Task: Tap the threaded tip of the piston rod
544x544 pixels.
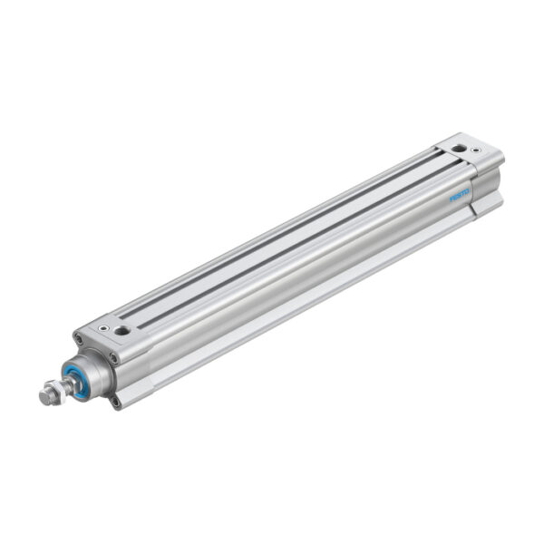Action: (x=45, y=396)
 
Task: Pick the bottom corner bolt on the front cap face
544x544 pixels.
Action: (x=116, y=400)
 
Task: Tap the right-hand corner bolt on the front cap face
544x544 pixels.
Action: (x=115, y=357)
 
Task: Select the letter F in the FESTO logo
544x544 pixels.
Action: (x=452, y=199)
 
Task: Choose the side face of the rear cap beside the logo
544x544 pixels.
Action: (x=485, y=186)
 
